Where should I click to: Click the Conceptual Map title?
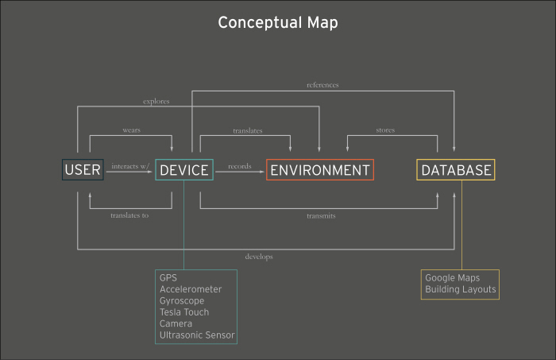(278, 23)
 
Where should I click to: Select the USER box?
(83, 170)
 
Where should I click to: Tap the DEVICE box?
(184, 170)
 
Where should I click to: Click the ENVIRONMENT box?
(320, 170)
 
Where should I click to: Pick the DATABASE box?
(456, 170)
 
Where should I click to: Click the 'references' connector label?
(322, 85)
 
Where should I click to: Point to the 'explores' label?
(156, 102)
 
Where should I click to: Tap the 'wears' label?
(132, 130)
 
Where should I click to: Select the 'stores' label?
(385, 130)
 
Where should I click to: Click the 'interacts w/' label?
(130, 166)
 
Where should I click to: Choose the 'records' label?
(240, 166)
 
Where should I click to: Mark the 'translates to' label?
(129, 215)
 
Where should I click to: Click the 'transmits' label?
(321, 215)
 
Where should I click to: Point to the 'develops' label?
(259, 257)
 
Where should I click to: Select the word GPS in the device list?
(168, 277)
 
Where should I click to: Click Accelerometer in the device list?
(191, 289)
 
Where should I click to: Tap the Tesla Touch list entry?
(184, 312)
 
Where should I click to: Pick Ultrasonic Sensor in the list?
(197, 335)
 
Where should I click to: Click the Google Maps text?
(453, 278)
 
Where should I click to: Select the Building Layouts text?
(461, 289)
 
